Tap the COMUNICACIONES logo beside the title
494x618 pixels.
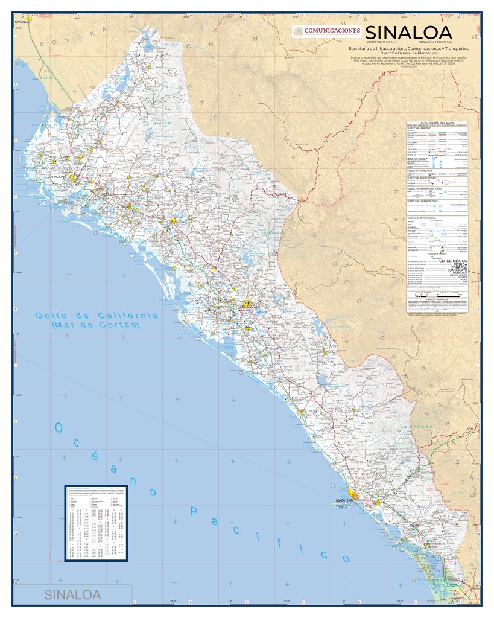(x=327, y=31)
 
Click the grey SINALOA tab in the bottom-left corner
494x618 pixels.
(x=72, y=594)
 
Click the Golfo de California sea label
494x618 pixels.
(x=97, y=316)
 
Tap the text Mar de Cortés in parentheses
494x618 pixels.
(x=97, y=325)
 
